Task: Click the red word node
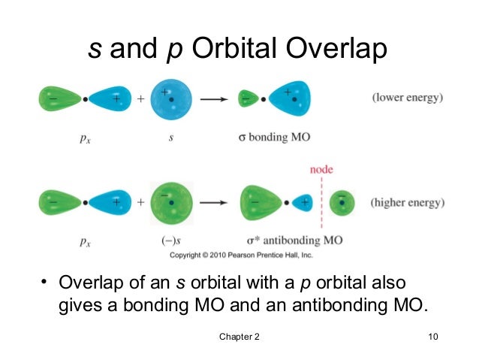coord(321,170)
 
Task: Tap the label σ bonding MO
coord(270,138)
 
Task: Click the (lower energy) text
coord(408,98)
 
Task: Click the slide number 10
coord(432,336)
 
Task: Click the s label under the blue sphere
coord(172,138)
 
